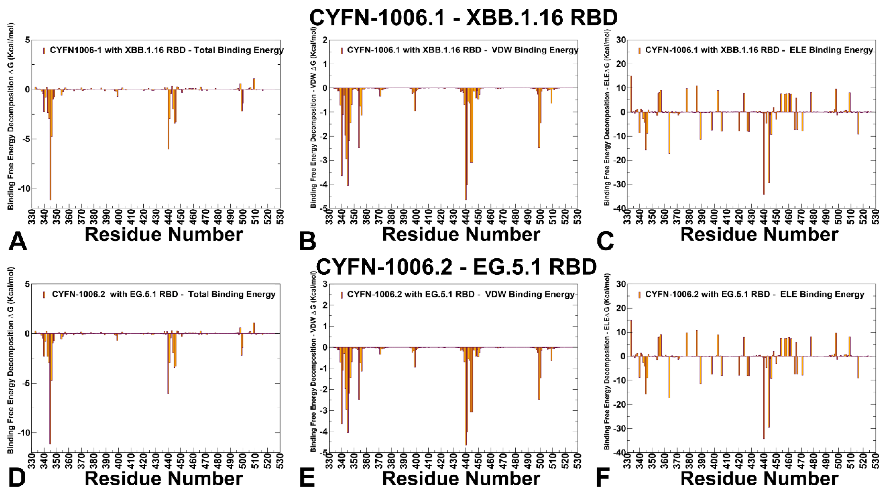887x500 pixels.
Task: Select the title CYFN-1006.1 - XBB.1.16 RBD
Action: (463, 17)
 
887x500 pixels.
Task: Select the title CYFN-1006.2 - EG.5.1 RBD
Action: (456, 266)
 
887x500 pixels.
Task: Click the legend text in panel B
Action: (462, 50)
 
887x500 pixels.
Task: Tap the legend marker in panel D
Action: (44, 294)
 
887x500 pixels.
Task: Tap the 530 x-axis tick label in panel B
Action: (577, 216)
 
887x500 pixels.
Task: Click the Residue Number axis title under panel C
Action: (759, 235)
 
